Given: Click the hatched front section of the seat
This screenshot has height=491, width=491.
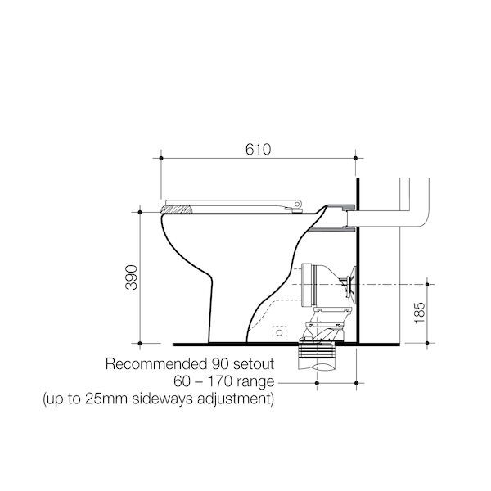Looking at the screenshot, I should click(178, 210).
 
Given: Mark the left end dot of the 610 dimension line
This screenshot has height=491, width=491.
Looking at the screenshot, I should click(160, 157).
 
